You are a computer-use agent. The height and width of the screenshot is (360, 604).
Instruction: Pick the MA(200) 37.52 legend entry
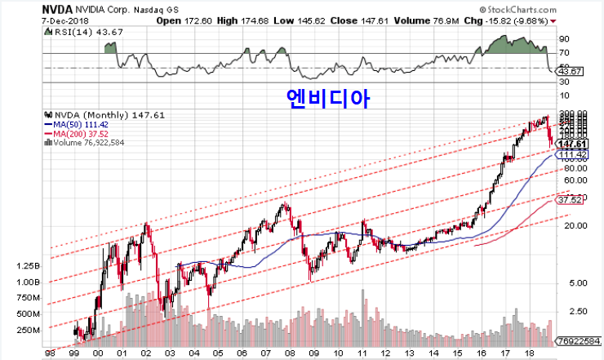point(82,133)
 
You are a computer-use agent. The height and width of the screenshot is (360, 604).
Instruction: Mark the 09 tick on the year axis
point(313,353)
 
